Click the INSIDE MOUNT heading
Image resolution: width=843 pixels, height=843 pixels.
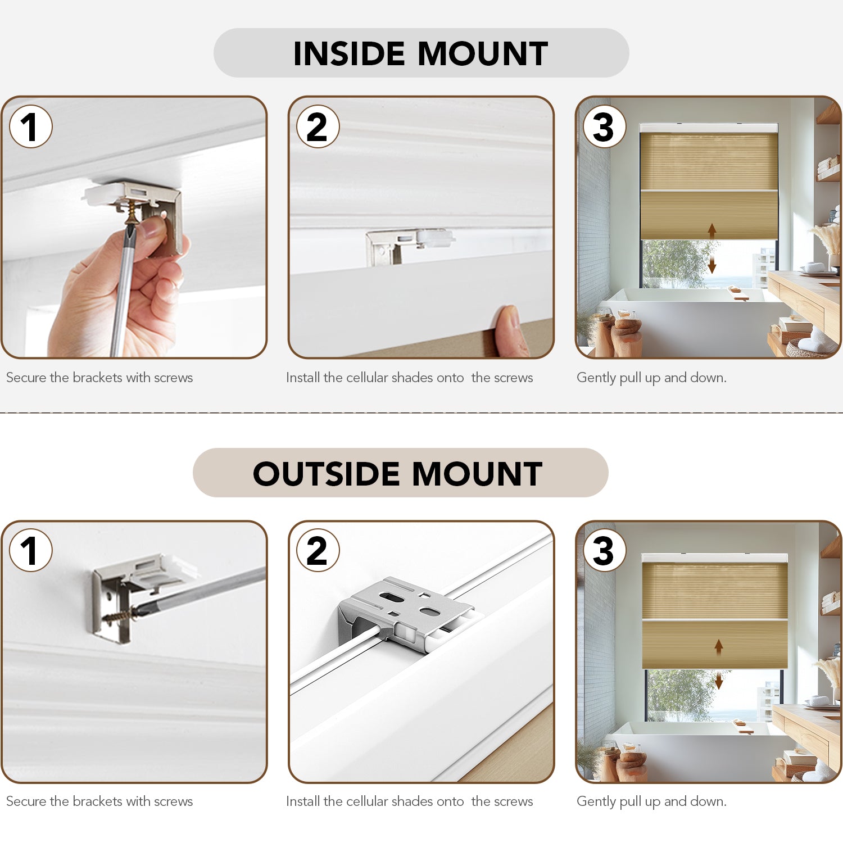point(420,53)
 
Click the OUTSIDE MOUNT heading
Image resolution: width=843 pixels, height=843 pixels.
point(397,473)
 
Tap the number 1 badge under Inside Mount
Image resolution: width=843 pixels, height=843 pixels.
point(31,126)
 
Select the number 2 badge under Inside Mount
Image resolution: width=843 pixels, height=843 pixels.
point(318,126)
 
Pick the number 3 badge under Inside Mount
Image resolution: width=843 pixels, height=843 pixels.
point(605,126)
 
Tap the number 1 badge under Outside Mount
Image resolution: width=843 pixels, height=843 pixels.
point(31,550)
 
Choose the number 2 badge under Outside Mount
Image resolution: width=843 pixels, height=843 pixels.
point(318,550)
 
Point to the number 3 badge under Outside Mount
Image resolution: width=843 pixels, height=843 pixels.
point(605,550)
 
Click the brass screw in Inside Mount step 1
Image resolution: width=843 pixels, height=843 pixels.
point(131,213)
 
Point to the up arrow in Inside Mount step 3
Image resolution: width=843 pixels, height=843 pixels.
point(712,231)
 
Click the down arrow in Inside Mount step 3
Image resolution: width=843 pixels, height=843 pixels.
point(712,265)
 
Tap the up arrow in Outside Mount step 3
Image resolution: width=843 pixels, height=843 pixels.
point(719,647)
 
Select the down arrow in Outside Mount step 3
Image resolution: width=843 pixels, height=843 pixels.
point(719,681)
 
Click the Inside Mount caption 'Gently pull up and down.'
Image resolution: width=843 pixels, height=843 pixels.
point(651,378)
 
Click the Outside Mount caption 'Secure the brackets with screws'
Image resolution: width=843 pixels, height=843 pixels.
point(99,801)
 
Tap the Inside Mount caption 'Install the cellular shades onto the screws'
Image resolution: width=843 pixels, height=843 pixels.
point(409,378)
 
